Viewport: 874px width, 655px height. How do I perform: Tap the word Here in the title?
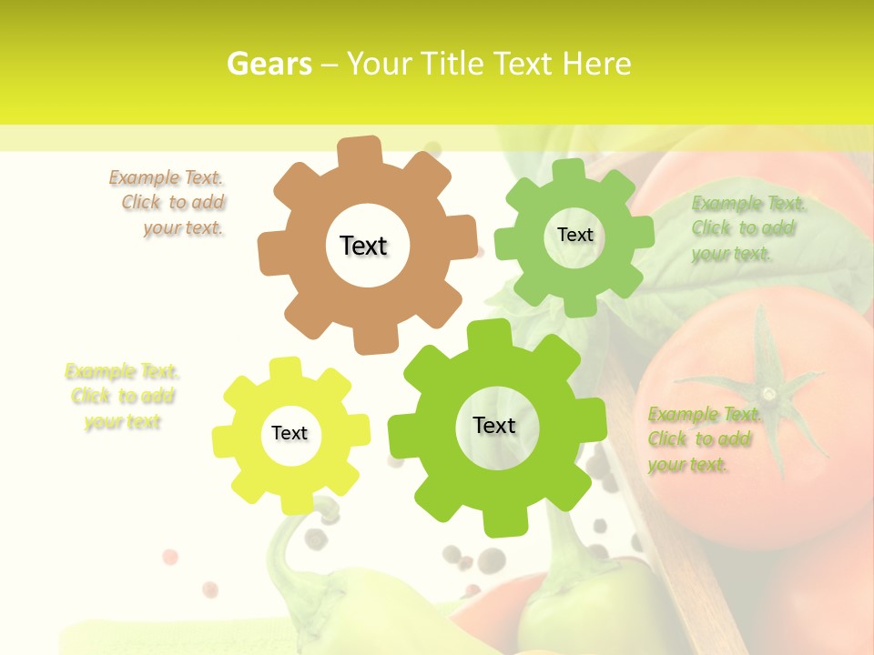pyautogui.click(x=596, y=64)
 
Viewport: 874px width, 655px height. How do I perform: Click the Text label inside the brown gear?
pyautogui.click(x=364, y=246)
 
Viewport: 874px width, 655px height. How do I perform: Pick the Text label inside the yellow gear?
pyautogui.click(x=290, y=433)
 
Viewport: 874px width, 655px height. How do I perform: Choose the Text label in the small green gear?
pyautogui.click(x=574, y=235)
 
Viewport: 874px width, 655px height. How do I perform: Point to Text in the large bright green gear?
pyautogui.click(x=494, y=425)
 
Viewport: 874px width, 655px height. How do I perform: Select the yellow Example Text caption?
pyautogui.click(x=123, y=397)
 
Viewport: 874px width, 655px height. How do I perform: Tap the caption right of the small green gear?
pyautogui.click(x=745, y=228)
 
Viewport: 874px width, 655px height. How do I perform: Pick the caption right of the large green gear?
pyautogui.click(x=701, y=439)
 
